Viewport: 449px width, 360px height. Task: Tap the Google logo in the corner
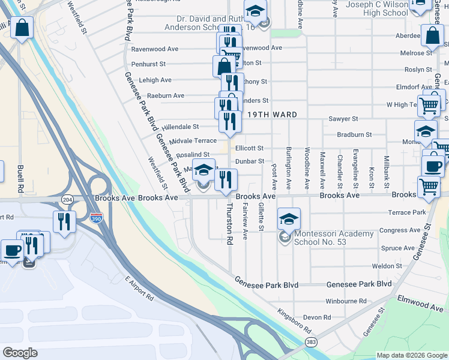click(20, 353)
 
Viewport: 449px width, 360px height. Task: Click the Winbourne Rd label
click(346, 301)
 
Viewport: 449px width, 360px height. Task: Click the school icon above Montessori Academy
click(289, 218)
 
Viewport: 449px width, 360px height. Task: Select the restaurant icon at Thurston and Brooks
click(226, 179)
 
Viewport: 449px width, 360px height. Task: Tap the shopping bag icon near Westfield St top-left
click(22, 28)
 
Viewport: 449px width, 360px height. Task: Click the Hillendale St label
click(179, 127)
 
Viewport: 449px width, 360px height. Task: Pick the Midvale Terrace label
click(193, 140)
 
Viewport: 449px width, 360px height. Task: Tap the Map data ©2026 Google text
click(411, 355)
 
